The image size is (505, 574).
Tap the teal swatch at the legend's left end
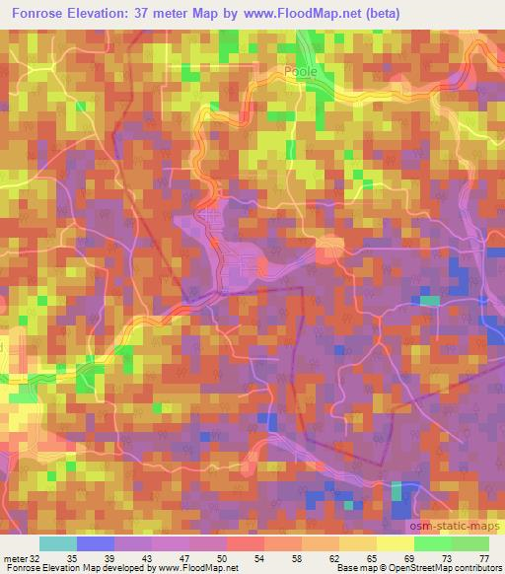click(58, 543)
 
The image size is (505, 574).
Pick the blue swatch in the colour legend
click(95, 543)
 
